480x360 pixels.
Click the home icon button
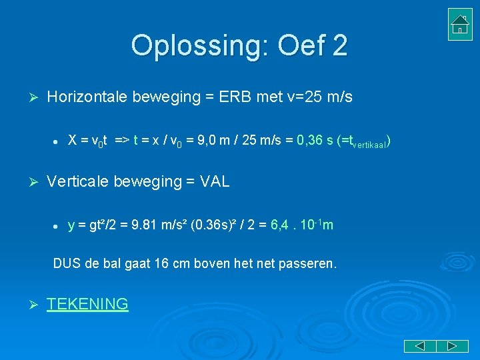460,24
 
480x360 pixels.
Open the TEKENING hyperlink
87,304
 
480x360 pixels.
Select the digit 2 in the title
339,45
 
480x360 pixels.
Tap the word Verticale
76,181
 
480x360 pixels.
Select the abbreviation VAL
215,181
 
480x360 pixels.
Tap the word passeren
309,264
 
